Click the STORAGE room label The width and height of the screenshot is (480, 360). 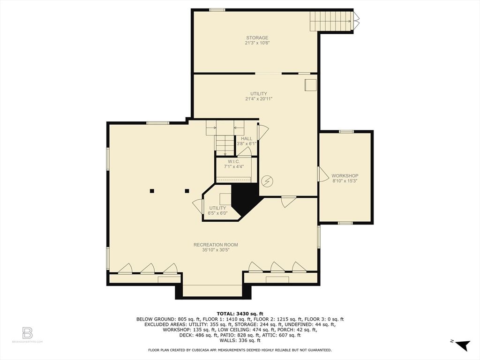(257, 37)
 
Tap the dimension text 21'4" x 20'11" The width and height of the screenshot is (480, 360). (259, 99)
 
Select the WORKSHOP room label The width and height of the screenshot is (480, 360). (345, 176)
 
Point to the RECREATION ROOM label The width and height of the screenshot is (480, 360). (216, 245)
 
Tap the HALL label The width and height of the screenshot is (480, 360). (247, 139)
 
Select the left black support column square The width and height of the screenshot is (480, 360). (152, 191)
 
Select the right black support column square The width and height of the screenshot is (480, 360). (187, 191)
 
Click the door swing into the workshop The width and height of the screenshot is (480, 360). (323, 174)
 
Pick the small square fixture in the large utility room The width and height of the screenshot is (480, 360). (310, 85)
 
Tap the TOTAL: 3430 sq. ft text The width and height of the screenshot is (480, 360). (240, 314)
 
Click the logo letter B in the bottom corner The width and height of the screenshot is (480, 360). (27, 333)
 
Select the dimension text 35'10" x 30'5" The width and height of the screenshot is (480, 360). (216, 250)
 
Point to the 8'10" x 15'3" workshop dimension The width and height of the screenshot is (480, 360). (345, 181)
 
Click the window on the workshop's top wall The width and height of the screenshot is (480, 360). (346, 132)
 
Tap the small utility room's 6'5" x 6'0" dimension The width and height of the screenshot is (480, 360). (218, 213)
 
